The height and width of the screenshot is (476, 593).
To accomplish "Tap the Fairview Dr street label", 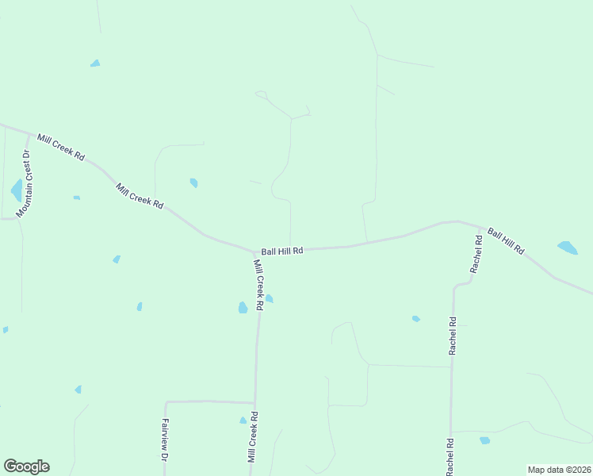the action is [x=165, y=440].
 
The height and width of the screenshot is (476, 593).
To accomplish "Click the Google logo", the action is [x=26, y=466].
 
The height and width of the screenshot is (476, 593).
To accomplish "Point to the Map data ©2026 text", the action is [x=559, y=469].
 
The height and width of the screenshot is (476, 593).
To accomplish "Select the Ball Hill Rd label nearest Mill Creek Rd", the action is [x=282, y=251].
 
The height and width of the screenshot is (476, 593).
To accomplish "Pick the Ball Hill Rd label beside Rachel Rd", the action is [x=506, y=241].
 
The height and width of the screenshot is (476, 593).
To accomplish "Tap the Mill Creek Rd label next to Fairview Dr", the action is [x=253, y=436].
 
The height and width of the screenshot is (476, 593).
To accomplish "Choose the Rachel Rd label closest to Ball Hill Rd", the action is [x=476, y=254].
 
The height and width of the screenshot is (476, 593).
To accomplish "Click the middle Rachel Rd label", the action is [x=452, y=336].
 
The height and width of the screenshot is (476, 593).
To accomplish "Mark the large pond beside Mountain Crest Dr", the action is [x=17, y=190].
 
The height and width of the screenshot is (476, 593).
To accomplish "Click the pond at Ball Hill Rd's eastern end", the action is [x=568, y=248].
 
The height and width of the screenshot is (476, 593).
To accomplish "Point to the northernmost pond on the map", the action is [x=95, y=63].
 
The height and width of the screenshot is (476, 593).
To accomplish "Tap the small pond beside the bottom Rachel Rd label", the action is [x=484, y=440].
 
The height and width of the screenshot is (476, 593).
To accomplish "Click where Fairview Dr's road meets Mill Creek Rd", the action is [x=254, y=401].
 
